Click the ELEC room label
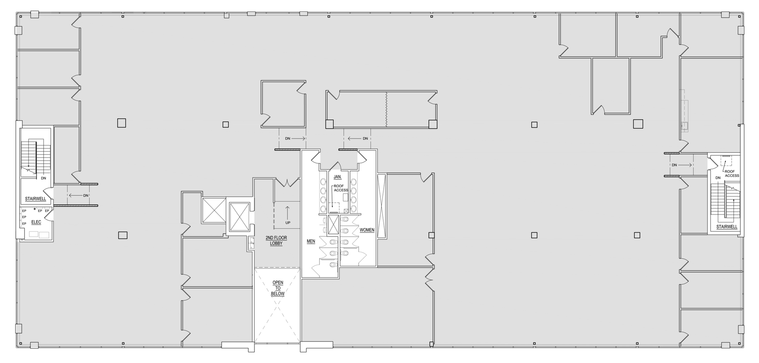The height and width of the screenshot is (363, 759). [36, 222]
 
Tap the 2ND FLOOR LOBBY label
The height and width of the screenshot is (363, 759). [276, 241]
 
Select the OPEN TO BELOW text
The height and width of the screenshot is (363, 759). [278, 288]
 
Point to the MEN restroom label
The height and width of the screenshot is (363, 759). [311, 241]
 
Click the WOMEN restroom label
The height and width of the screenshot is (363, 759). [367, 230]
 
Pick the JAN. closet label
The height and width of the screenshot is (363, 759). [337, 177]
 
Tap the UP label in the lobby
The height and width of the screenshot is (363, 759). [288, 223]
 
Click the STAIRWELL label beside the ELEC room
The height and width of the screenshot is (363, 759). [36, 199]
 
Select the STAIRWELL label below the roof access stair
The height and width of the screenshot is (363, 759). [727, 227]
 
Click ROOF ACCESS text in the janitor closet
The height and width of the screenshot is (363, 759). [340, 188]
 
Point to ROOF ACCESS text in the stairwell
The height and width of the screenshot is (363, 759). [732, 174]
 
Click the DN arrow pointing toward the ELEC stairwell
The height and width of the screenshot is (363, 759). [78, 196]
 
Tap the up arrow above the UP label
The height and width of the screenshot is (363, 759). [287, 211]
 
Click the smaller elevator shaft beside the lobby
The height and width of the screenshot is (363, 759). [214, 210]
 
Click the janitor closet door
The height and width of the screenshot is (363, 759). [335, 166]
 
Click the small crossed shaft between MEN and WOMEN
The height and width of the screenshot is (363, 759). [333, 224]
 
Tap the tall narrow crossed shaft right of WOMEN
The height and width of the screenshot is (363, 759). [381, 206]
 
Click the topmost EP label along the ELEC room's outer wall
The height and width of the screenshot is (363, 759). [24, 211]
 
